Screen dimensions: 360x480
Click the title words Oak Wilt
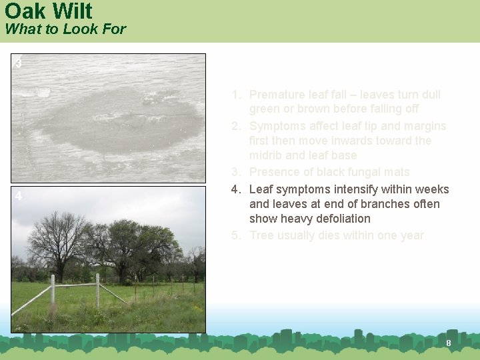(48, 11)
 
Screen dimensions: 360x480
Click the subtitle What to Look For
(65, 29)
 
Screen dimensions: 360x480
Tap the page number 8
(448, 343)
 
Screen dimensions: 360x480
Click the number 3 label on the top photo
(19, 63)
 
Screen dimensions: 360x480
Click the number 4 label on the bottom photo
(19, 197)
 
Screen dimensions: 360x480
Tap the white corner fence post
(97, 290)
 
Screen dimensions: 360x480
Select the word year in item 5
(411, 235)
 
